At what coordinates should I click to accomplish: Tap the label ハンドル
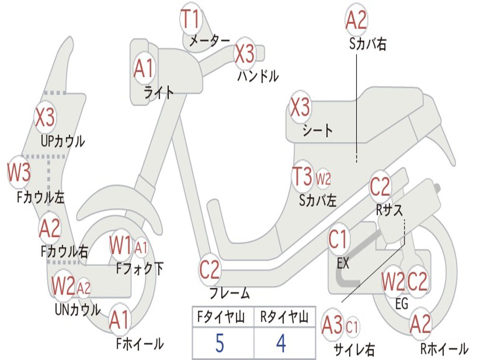point(258,75)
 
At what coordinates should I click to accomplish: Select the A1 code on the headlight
point(143,69)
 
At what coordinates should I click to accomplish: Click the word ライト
point(158,92)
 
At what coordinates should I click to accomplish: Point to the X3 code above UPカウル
point(45,117)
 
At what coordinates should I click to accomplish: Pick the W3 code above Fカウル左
point(19,173)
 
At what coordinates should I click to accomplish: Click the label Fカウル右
point(64,252)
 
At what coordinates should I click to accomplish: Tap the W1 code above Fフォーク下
point(121,245)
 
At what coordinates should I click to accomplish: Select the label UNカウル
point(77,309)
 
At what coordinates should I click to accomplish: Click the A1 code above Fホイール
point(120,321)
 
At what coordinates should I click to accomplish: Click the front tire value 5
point(219,344)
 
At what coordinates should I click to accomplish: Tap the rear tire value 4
point(281,344)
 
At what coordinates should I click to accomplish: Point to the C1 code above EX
point(338,240)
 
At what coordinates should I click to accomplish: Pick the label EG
point(402,304)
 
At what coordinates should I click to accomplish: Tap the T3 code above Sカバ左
point(302,178)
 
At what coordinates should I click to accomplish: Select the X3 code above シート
point(300,108)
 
